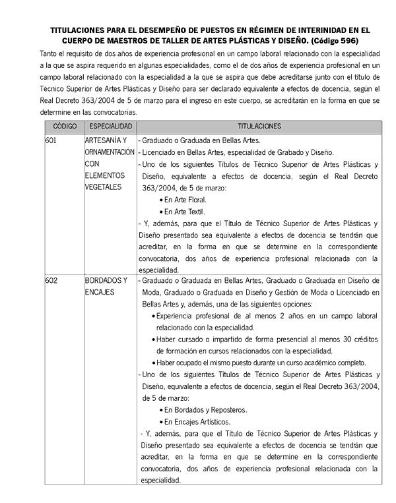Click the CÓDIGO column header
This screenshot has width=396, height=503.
[65, 126]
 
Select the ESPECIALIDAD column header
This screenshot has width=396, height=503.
[111, 126]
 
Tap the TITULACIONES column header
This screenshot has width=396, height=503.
[259, 126]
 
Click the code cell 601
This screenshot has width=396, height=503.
[51, 140]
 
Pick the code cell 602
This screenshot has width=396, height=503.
[51, 280]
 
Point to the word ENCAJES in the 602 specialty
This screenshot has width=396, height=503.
[100, 292]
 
